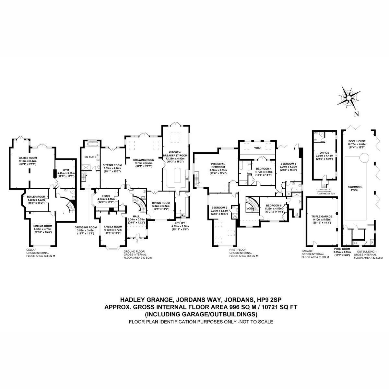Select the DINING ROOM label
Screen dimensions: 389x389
tap(161, 203)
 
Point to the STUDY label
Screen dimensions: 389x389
tap(106, 196)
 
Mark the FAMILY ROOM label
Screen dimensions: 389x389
tap(113, 226)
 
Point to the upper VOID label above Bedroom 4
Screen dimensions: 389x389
tap(257, 148)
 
